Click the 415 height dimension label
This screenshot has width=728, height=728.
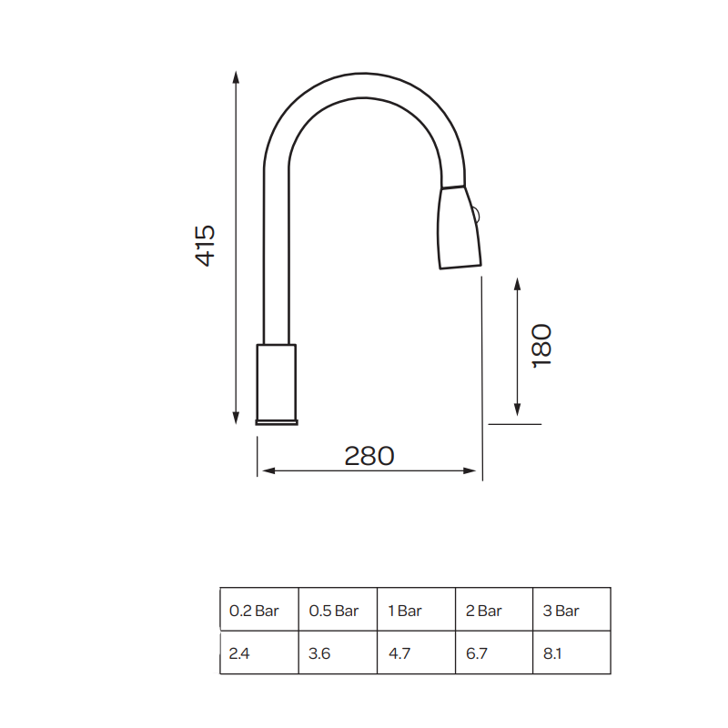point(206,245)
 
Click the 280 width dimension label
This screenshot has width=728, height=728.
point(369,456)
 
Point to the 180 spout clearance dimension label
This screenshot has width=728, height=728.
point(541,345)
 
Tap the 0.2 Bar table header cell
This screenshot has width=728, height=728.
point(254,611)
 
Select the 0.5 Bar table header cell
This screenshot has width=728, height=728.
point(334,611)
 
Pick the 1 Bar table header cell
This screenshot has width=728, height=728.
point(405,611)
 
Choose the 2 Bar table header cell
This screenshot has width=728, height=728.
point(483,611)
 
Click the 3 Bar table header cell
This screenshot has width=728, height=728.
point(561,611)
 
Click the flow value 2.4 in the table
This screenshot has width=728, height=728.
point(239,653)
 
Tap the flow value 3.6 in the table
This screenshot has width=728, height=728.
point(319,653)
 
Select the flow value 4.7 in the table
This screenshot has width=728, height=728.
point(399,653)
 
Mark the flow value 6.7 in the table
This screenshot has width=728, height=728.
point(477,653)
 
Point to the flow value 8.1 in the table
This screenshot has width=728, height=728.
point(553,653)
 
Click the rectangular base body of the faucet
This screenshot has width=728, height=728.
point(277,382)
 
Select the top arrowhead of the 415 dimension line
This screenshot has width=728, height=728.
point(236,76)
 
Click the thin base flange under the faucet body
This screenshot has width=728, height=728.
point(277,422)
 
